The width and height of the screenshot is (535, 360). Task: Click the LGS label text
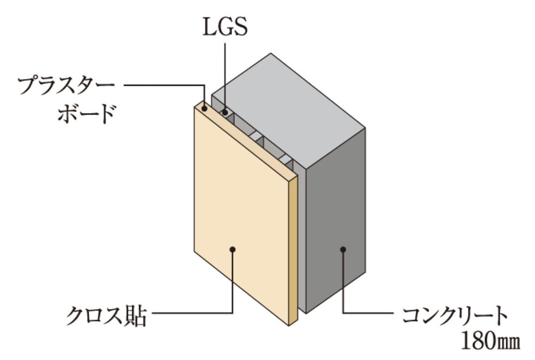point(225,27)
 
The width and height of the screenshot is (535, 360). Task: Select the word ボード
point(86,114)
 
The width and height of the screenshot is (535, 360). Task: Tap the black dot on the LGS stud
point(225,111)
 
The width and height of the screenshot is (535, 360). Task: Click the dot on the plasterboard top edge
point(204,109)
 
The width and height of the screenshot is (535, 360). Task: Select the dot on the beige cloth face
point(233,249)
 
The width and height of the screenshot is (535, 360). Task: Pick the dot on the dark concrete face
point(343,249)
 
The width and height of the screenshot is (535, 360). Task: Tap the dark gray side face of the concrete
point(336,219)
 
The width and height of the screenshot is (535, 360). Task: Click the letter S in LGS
point(241,27)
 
